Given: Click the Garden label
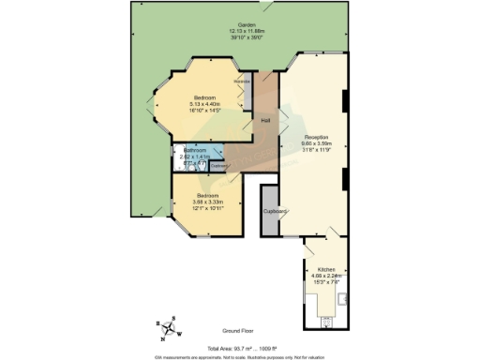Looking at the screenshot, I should click(x=247, y=24).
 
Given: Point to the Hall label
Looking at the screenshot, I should click(x=265, y=121).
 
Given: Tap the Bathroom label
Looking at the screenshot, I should click(x=195, y=150).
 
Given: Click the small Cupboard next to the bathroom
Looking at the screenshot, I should click(x=218, y=166).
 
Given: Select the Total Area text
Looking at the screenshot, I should click(x=240, y=347).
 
